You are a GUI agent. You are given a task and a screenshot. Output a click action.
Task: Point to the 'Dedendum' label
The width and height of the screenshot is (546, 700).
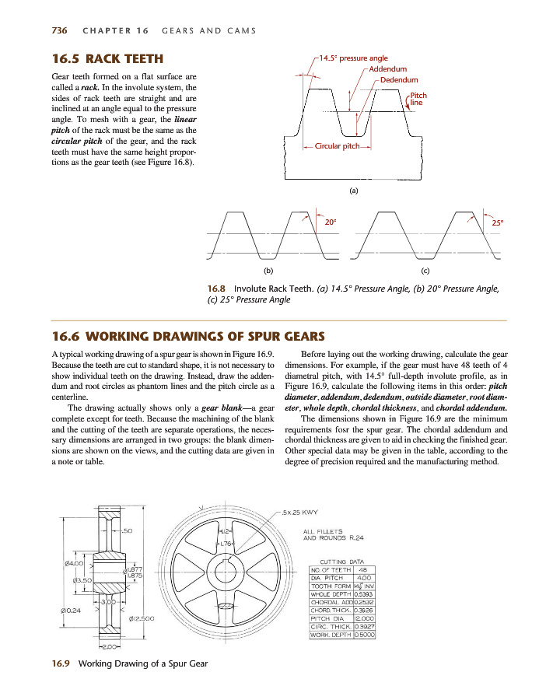(399, 80)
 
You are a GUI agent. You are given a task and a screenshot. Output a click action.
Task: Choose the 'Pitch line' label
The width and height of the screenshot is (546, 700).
(418, 100)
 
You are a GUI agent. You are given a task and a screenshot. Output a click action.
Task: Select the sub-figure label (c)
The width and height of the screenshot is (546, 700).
(425, 271)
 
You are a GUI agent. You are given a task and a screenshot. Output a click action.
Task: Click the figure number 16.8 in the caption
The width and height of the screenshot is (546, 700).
(217, 288)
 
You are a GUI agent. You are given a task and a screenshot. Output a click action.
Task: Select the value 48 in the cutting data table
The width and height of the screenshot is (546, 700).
(363, 569)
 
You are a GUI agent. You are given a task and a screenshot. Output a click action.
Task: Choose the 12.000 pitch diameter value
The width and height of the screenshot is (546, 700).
(364, 618)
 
